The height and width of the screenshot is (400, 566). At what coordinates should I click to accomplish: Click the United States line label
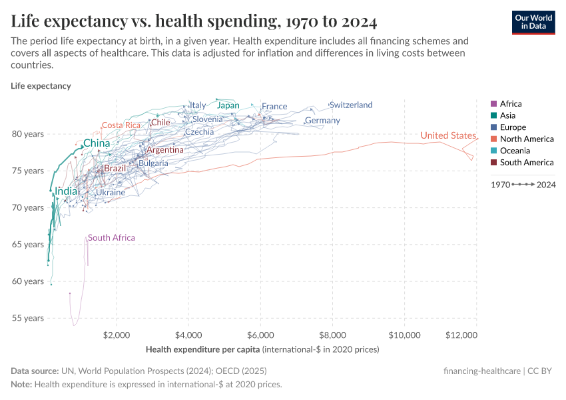pos(448,136)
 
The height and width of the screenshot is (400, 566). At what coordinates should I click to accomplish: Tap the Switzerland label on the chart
pos(351,105)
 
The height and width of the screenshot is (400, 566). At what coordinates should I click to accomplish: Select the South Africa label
pos(111,238)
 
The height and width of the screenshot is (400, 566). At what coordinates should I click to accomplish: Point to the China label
pos(97,143)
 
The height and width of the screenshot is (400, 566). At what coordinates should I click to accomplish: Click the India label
pos(66,191)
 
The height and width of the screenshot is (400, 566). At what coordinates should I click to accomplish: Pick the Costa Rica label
pos(121,125)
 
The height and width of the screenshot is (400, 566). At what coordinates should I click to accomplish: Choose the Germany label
pos(322,121)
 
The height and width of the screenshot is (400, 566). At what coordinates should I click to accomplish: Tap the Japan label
pos(228,105)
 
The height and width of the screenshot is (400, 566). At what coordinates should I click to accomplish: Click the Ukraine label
pos(111,193)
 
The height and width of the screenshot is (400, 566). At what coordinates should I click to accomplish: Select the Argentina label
pos(165,150)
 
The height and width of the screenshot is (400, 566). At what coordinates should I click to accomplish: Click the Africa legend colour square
pos(493,103)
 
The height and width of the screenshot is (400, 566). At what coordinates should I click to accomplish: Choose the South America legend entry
pos(527,163)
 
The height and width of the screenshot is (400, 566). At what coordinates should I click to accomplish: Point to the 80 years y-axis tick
pos(28,134)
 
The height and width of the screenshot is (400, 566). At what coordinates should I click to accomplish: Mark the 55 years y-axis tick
pos(28,318)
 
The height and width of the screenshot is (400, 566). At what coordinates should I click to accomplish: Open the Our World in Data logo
pos(533,22)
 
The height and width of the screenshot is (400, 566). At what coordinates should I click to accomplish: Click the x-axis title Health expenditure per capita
pos(202,349)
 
